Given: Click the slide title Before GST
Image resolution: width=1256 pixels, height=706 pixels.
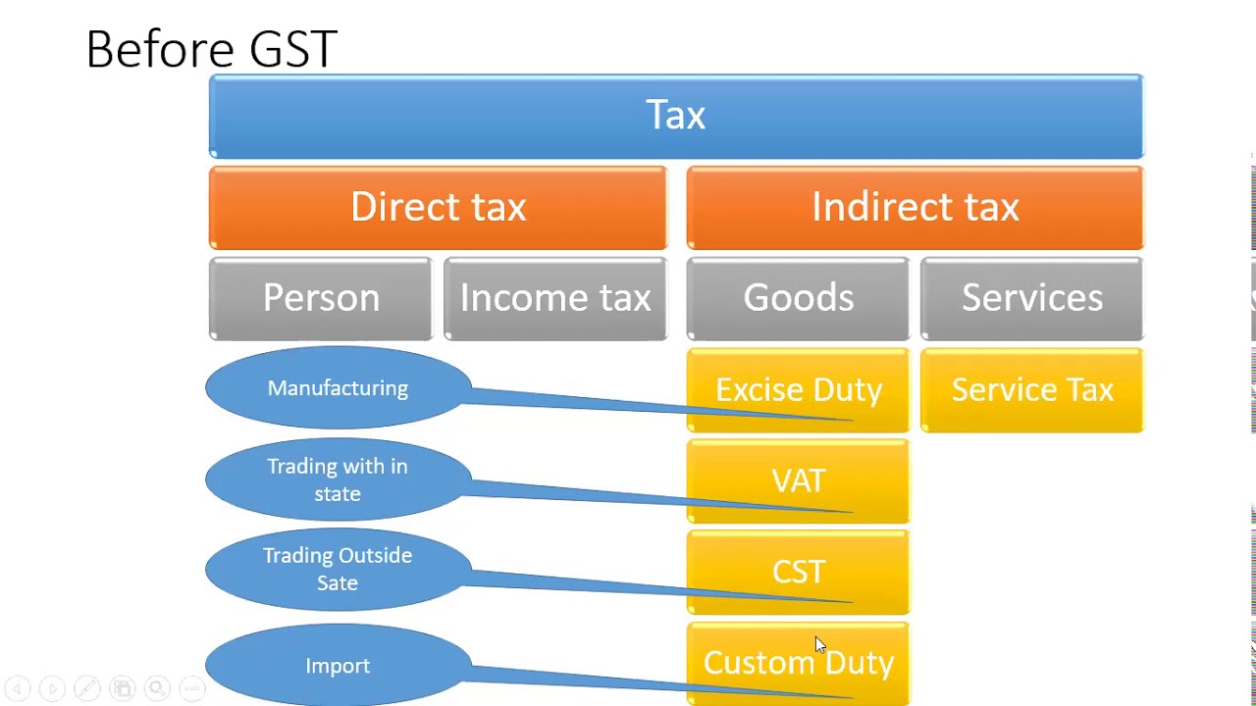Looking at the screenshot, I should tap(212, 49).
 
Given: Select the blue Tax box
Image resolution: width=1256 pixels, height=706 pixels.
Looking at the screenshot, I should tap(676, 116).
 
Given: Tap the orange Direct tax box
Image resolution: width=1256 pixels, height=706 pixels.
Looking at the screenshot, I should tap(438, 208).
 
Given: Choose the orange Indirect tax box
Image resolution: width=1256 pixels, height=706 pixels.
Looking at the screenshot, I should tap(915, 208).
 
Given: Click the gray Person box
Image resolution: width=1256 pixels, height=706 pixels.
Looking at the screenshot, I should tap(321, 298).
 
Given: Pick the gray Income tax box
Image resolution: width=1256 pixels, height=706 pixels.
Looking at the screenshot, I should tap(555, 298).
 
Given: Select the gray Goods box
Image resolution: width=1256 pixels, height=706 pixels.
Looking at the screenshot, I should tap(798, 298).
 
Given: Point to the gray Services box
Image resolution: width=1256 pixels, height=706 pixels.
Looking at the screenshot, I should tap(1031, 298).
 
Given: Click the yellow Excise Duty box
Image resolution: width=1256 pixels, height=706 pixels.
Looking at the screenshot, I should tap(798, 390).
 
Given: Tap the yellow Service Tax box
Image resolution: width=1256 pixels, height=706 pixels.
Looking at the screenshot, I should tap(1031, 390).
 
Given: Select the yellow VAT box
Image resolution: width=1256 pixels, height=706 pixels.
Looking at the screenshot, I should tap(798, 480).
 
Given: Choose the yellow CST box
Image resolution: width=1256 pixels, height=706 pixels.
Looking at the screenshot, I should tap(798, 572).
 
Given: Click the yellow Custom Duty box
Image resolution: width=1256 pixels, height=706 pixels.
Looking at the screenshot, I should tap(798, 664).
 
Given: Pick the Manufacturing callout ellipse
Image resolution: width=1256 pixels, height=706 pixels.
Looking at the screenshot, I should tap(338, 388).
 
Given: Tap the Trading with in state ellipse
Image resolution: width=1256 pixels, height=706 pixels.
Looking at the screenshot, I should tap(338, 479).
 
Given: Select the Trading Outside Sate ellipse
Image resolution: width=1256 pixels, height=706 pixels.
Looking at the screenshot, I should tap(338, 569).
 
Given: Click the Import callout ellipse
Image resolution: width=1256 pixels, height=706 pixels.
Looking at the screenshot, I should tap(338, 666).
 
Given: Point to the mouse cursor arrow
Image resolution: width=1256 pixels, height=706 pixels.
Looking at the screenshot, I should tap(819, 644).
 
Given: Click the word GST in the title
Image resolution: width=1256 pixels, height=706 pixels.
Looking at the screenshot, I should tap(293, 49).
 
